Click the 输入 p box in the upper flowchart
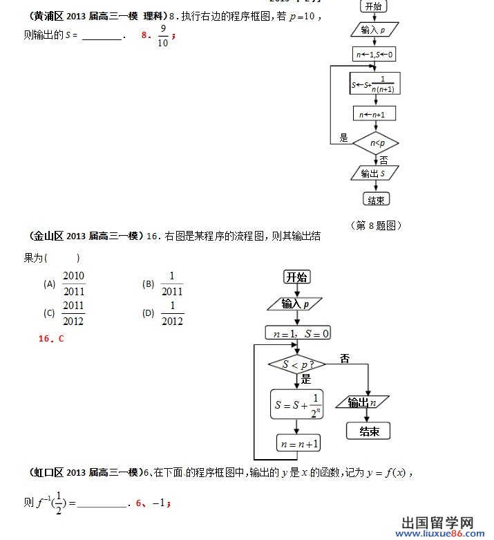pos(374,30)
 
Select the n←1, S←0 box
pos(374,55)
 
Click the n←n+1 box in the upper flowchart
pos(374,113)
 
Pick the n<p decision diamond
pos(375,143)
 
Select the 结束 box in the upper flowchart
pos(376,200)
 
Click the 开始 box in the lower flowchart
pos(297,277)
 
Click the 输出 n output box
pos(363,402)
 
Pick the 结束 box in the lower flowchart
pos(368,431)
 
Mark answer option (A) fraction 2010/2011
pos(73,284)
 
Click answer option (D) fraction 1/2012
pos(172,313)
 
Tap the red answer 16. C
pos(51,339)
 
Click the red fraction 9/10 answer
pos(163,35)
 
